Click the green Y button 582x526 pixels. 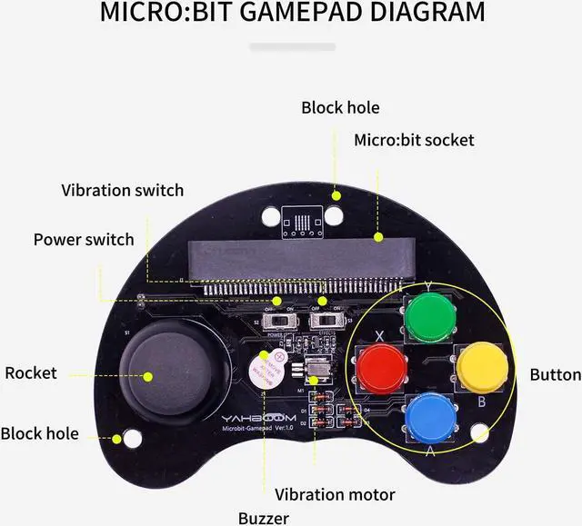pos(425,313)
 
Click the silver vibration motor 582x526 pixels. pos(317,371)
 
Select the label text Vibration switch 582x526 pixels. pos(122,191)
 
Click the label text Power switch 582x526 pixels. pos(84,240)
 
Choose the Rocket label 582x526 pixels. pos(31,372)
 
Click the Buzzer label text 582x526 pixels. pos(264,518)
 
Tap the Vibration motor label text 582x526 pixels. pos(335,494)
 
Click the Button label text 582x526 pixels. pos(555,374)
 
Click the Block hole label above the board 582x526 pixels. pos(340,107)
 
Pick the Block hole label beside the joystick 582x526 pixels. pos(39,433)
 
